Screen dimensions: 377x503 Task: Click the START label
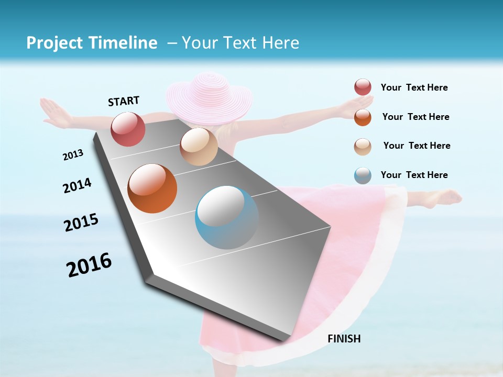[x=124, y=101]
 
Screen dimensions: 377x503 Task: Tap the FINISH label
[x=344, y=339]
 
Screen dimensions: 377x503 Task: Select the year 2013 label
[x=73, y=155]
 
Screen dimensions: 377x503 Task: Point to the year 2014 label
[x=77, y=186]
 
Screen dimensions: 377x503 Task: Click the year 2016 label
[x=89, y=265]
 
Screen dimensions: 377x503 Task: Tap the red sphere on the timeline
[x=128, y=129]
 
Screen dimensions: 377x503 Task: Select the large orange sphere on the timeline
[x=152, y=188]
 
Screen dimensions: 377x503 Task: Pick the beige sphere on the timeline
[x=199, y=147]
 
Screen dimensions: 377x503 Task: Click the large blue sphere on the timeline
[x=227, y=217]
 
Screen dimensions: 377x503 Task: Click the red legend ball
[x=363, y=87]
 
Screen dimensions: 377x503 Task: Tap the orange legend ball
[x=363, y=117]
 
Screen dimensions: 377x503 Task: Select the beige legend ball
[x=363, y=147]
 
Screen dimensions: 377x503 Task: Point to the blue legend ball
[x=363, y=175]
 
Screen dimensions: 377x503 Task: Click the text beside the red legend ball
[x=414, y=88]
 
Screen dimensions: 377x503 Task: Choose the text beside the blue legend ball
[x=414, y=175]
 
